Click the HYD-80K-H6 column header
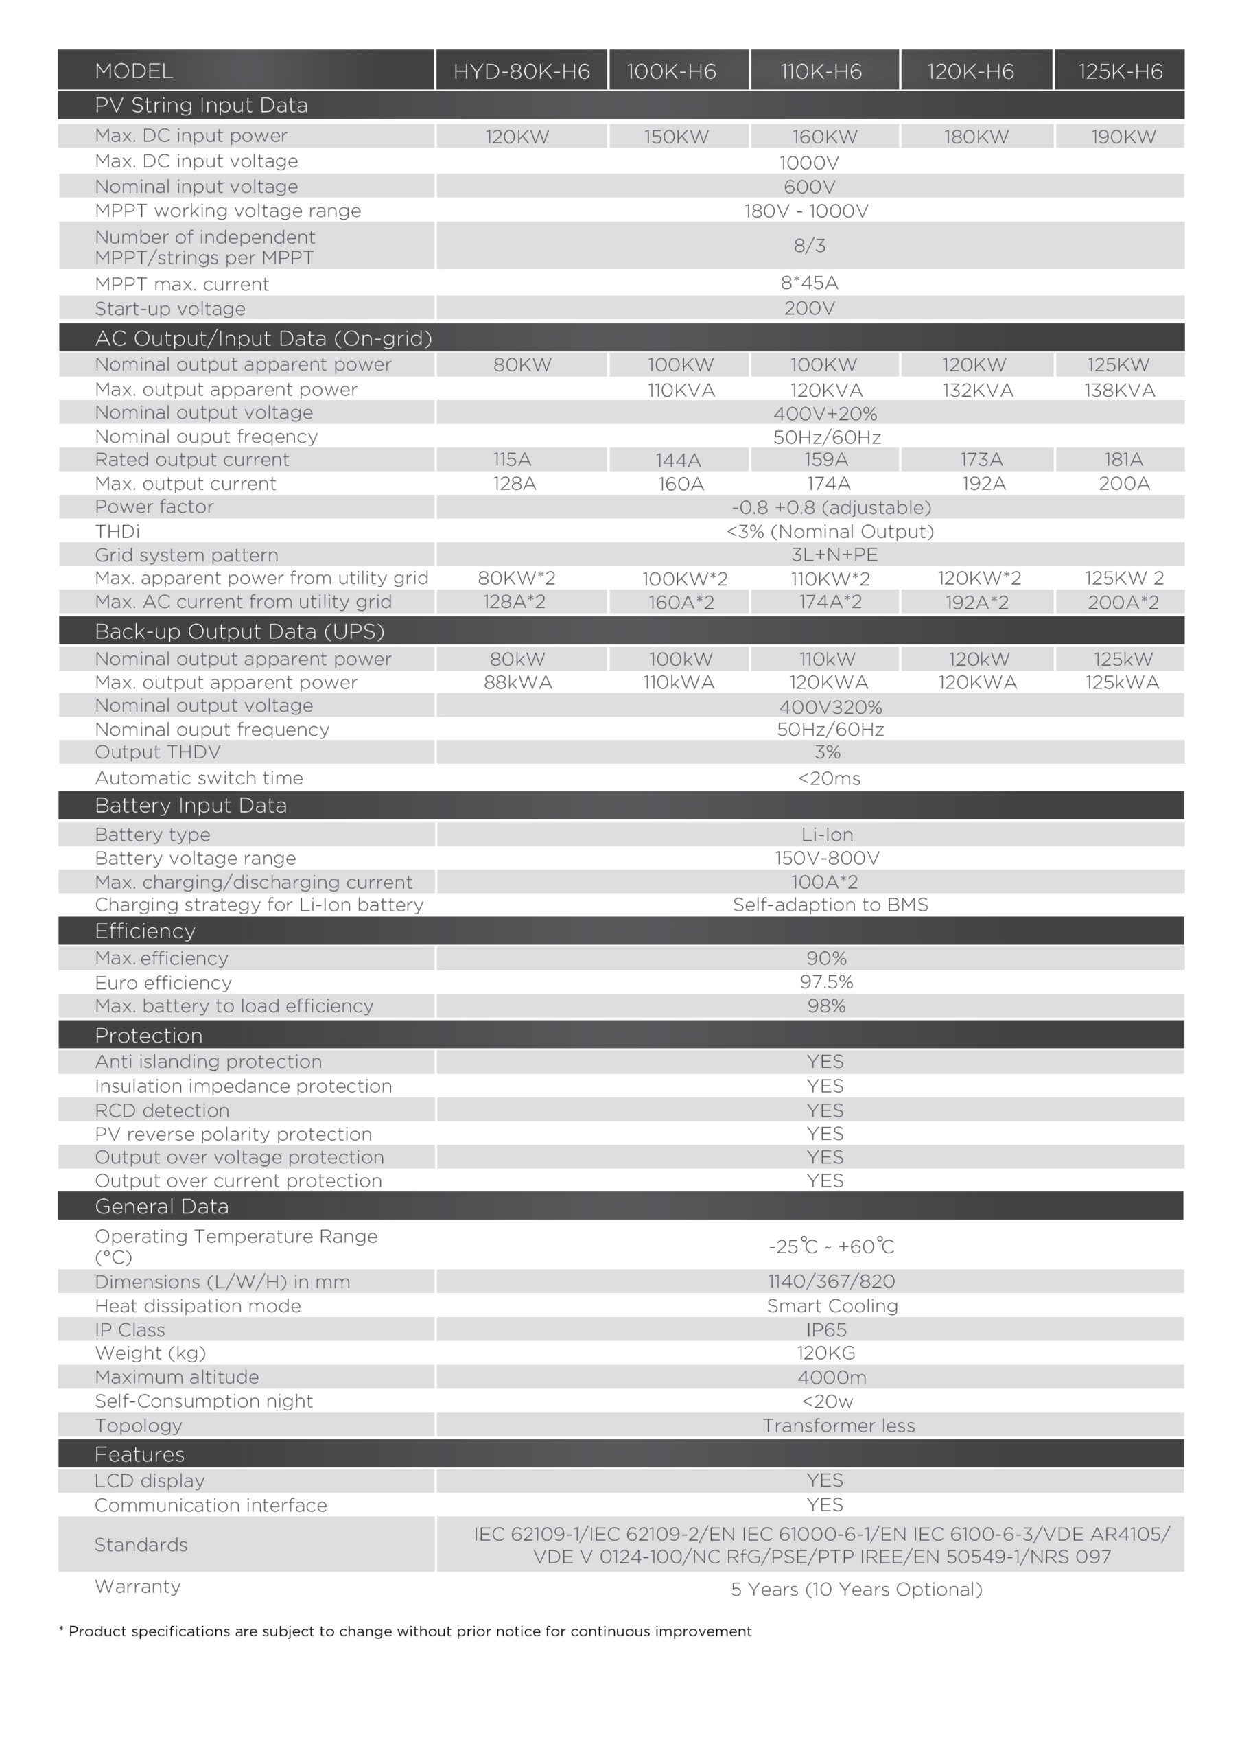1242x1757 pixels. (521, 71)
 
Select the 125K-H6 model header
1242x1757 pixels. (1120, 71)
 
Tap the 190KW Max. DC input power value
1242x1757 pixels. (1123, 137)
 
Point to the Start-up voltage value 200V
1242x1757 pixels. (809, 308)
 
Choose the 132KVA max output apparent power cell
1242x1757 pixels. (977, 391)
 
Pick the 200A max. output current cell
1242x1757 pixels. (1123, 484)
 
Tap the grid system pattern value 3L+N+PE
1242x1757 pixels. (834, 555)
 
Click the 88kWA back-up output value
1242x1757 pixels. (517, 683)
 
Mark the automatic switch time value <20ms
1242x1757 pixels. (829, 779)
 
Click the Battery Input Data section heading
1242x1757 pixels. (191, 806)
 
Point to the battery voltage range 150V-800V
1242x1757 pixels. (826, 859)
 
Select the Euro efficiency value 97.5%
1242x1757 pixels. (826, 983)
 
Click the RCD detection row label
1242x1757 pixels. (161, 1111)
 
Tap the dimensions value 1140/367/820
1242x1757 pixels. (831, 1282)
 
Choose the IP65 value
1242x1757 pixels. (826, 1330)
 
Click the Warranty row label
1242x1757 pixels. (138, 1586)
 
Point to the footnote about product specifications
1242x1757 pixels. (406, 1631)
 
